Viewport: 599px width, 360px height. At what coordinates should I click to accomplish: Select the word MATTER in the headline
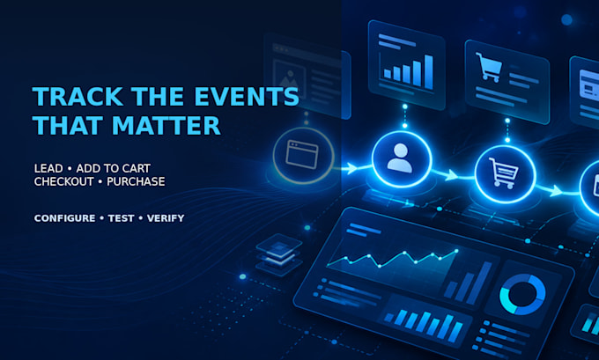coord(166,126)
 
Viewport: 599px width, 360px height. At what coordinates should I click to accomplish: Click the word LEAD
coord(48,168)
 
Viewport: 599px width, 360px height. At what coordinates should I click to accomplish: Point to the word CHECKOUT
coord(63,181)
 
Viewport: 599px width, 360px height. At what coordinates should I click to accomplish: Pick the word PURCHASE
coord(136,181)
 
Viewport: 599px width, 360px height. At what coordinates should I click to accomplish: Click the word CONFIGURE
coord(65,218)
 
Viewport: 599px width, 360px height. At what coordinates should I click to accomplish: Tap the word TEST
coord(121,218)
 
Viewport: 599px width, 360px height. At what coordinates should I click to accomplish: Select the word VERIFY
coord(166,218)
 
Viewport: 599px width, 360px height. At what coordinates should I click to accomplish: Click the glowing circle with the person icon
coord(402,159)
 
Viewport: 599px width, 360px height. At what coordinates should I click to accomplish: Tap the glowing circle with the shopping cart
coord(505,174)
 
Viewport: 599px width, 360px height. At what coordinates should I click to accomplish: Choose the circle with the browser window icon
coord(304,156)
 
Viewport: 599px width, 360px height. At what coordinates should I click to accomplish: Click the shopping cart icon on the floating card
coord(489,67)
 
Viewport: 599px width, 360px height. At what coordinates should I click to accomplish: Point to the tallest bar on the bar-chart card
coord(429,72)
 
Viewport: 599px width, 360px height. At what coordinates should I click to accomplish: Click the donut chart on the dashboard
coord(522,294)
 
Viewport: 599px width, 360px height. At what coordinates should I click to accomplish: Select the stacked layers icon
coord(279,254)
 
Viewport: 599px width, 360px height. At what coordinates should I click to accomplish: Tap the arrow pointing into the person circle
coord(352,167)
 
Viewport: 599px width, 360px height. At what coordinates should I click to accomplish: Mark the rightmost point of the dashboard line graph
coord(456,251)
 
